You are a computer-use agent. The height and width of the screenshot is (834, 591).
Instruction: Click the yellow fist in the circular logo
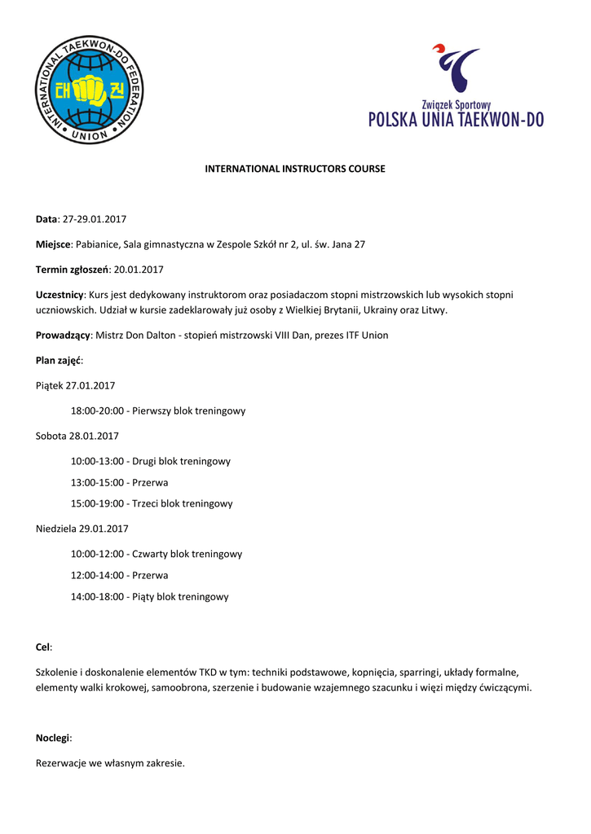click(90, 91)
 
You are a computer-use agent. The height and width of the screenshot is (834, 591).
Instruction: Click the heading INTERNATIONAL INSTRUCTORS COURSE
click(294, 169)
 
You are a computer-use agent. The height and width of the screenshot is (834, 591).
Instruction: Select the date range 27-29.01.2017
click(95, 219)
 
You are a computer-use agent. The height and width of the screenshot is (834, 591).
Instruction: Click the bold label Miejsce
click(54, 244)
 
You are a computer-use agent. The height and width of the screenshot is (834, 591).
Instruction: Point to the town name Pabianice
click(97, 244)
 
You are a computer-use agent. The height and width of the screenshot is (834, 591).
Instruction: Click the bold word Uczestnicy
click(60, 295)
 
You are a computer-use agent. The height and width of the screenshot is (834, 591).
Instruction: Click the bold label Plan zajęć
click(59, 361)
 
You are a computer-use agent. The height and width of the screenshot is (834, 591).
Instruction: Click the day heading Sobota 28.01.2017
click(77, 437)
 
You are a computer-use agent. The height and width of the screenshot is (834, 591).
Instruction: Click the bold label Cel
click(43, 647)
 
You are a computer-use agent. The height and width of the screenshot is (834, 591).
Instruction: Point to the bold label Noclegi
click(53, 739)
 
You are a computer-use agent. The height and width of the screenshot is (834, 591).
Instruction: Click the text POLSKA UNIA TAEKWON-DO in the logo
click(456, 121)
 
